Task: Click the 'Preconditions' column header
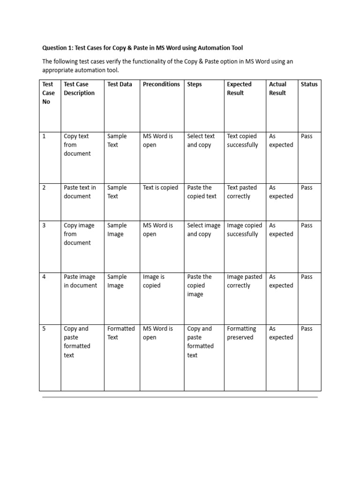161,84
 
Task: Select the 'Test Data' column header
120,84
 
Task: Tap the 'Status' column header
309,84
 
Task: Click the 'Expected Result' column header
239,89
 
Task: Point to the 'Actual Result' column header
277,89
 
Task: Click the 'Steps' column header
195,84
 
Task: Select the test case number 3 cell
44,225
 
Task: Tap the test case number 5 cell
44,329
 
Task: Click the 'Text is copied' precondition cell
160,187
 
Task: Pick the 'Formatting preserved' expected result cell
241,333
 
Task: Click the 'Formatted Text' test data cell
120,333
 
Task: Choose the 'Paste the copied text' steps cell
202,192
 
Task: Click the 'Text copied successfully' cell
242,141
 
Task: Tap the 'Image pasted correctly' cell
244,281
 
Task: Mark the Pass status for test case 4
307,277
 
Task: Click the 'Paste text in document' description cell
80,192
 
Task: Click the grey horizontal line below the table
180,397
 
